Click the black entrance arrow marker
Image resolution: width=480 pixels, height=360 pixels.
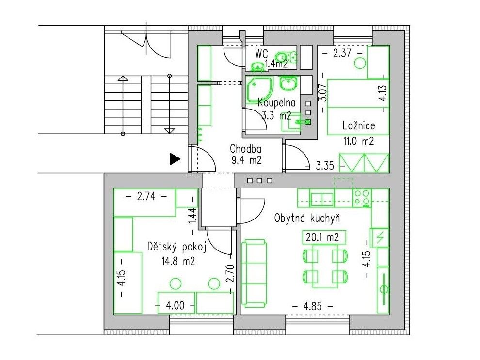tap(175, 159)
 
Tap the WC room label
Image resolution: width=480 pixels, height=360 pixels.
tap(262, 54)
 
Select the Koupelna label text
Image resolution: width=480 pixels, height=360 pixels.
tap(277, 103)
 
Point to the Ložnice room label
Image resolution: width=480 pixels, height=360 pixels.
tap(359, 125)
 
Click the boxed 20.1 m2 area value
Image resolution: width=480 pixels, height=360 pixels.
tap(324, 237)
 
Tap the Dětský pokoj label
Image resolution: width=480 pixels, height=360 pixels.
tap(176, 247)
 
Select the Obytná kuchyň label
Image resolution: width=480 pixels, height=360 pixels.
tap(307, 219)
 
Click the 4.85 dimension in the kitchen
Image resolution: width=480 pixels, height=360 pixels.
tap(313, 306)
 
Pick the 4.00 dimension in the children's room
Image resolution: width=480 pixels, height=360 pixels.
tap(175, 305)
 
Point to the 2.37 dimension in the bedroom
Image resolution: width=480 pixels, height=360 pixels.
tap(342, 53)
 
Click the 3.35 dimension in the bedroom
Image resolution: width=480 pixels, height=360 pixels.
tap(325, 166)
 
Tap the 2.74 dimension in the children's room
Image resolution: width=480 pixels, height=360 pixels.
tap(146, 196)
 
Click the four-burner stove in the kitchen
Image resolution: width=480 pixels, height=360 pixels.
tap(362, 197)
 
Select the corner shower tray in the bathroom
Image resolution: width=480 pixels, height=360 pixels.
tap(259, 89)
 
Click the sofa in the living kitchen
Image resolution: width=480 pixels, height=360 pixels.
tap(254, 273)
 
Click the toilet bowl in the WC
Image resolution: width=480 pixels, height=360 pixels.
tap(282, 57)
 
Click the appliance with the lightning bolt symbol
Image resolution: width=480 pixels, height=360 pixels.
tap(380, 237)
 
